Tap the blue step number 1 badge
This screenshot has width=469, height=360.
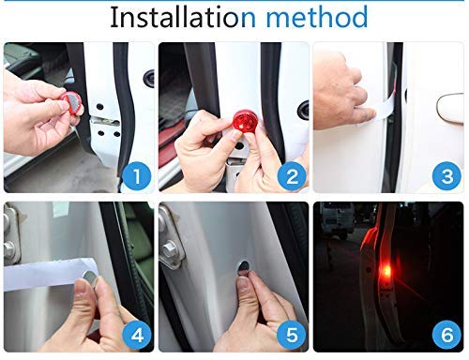(137, 176)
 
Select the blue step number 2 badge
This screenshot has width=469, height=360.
(292, 176)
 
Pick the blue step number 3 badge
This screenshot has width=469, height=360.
(446, 176)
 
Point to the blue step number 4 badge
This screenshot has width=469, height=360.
(137, 335)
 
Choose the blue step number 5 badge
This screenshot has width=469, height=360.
(292, 335)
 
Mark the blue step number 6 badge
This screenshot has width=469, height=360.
(446, 335)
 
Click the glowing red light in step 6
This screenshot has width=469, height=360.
(387, 272)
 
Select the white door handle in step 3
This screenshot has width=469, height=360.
(449, 109)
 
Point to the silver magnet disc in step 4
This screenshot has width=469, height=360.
(90, 277)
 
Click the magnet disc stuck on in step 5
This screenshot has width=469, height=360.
(244, 267)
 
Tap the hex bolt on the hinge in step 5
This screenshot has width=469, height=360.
(169, 248)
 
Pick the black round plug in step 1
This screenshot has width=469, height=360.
(149, 78)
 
